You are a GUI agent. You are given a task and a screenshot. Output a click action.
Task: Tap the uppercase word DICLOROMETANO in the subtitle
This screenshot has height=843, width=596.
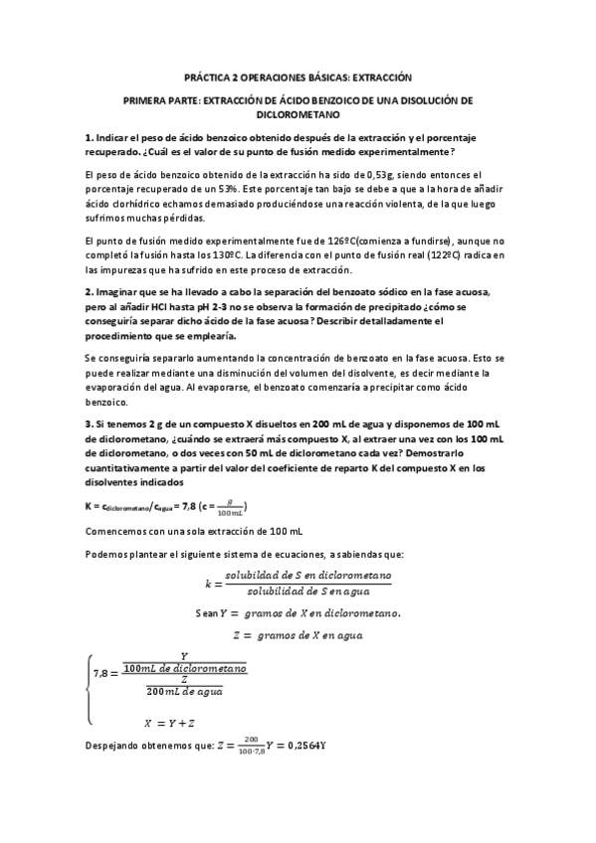pyautogui.click(x=298, y=115)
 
